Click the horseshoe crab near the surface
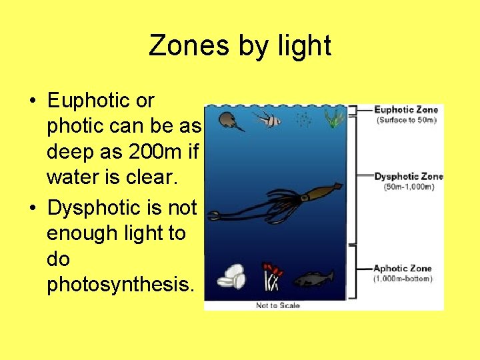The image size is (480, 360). [x=231, y=121]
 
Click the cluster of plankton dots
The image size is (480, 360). [x=303, y=120]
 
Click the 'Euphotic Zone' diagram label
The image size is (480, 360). [x=406, y=110]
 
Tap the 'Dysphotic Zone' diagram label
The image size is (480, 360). [x=407, y=177]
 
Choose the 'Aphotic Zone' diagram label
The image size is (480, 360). [x=403, y=269]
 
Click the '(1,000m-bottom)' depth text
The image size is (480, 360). [x=403, y=279]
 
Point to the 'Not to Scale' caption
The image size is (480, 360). [x=278, y=305]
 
